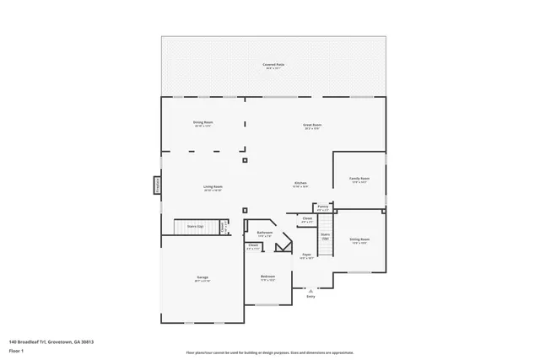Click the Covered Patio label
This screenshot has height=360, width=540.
click(273, 65)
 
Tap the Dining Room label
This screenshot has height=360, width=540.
click(202, 123)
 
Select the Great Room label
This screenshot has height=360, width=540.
click(312, 126)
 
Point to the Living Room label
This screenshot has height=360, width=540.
click(213, 187)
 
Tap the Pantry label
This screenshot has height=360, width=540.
click(323, 207)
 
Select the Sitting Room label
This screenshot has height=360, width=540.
click(359, 240)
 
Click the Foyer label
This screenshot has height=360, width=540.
click(307, 255)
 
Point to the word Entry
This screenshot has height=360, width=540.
click(310, 297)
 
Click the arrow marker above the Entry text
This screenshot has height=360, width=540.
click(310, 289)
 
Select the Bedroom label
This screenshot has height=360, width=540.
click(267, 277)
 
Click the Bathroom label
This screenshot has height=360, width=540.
click(265, 234)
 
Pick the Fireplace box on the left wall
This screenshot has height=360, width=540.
click(157, 185)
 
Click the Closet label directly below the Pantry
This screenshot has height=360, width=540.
click(307, 219)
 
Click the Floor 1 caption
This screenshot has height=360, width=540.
click(16, 350)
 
